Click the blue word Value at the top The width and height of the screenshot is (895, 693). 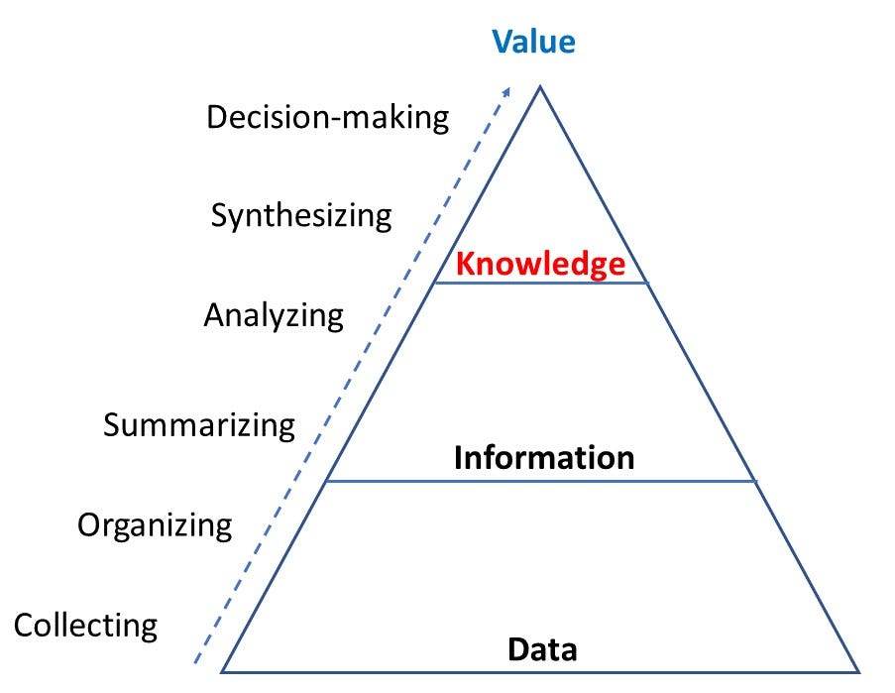pyautogui.click(x=533, y=41)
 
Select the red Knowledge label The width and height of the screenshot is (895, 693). pyautogui.click(x=540, y=264)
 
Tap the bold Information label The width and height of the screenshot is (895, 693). pyautogui.click(x=543, y=457)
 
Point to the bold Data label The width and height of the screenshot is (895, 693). pyautogui.click(x=542, y=649)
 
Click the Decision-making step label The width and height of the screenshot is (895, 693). pyautogui.click(x=327, y=118)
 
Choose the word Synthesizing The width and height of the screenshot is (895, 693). pyautogui.click(x=301, y=216)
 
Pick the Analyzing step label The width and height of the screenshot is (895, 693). pyautogui.click(x=274, y=315)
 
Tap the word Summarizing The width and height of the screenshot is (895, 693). pyautogui.click(x=199, y=425)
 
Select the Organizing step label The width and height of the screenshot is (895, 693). pyautogui.click(x=155, y=524)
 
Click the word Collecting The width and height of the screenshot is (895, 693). pyautogui.click(x=85, y=626)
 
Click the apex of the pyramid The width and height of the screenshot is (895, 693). pyautogui.click(x=540, y=87)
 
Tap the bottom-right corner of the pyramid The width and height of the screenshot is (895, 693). pyautogui.click(x=856, y=671)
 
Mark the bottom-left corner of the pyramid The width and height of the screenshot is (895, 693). pyautogui.click(x=222, y=671)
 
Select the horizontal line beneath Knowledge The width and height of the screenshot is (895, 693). pyautogui.click(x=541, y=284)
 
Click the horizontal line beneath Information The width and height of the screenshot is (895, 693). pyautogui.click(x=541, y=481)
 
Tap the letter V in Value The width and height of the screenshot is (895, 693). pyautogui.click(x=503, y=41)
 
